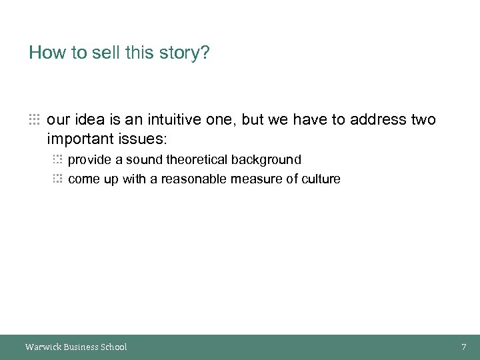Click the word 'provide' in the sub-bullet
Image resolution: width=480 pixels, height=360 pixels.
click(90, 160)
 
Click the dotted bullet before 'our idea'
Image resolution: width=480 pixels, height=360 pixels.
click(34, 120)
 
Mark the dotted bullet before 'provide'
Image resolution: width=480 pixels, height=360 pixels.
click(57, 159)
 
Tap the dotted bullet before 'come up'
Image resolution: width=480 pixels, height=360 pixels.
click(57, 178)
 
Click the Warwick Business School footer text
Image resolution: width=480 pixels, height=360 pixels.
click(76, 347)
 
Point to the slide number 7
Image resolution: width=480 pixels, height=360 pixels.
click(464, 347)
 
